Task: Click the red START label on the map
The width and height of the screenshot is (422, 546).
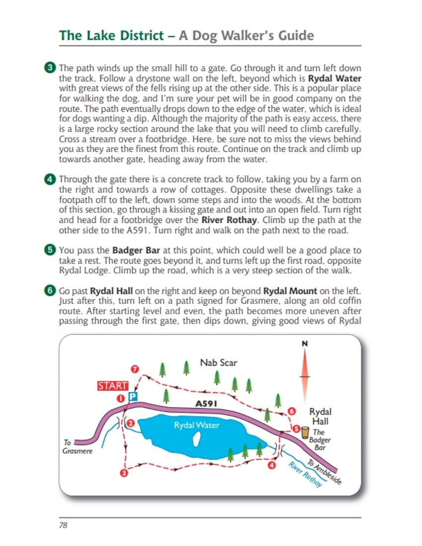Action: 113,386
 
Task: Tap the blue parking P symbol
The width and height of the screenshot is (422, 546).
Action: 133,397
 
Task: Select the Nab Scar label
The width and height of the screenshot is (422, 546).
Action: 218,363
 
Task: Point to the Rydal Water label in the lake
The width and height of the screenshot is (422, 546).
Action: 197,425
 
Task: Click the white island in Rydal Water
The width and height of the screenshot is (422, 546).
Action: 197,440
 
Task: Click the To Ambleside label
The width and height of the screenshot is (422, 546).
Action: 324,472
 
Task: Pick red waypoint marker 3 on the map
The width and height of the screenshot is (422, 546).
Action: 124,473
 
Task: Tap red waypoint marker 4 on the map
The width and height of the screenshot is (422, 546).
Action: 272,465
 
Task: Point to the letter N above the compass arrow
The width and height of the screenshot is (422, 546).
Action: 304,343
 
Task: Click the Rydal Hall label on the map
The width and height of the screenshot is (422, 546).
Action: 320,416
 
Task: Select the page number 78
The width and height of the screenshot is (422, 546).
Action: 63,525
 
